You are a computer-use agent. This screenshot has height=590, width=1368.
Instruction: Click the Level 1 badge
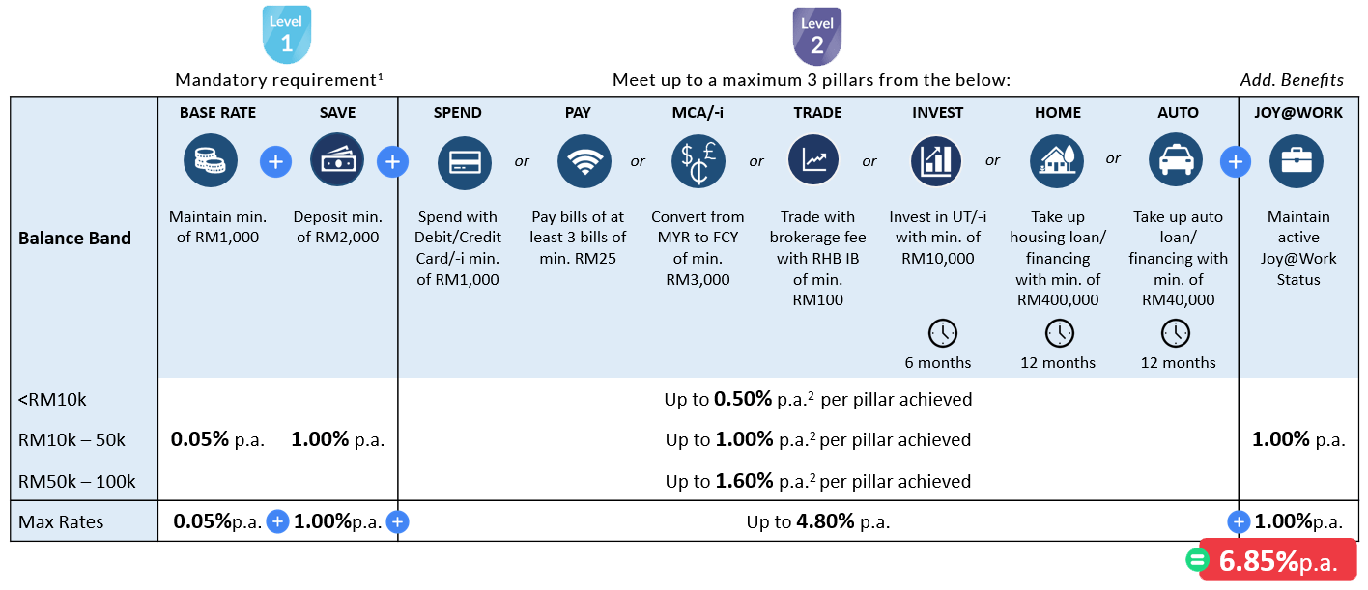click(x=286, y=36)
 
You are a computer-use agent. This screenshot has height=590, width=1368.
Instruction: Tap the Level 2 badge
click(x=817, y=37)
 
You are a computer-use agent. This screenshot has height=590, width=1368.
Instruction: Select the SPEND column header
click(x=457, y=113)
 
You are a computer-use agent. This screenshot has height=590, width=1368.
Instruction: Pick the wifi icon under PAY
click(x=584, y=162)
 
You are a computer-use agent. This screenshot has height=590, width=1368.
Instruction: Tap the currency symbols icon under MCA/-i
click(x=698, y=161)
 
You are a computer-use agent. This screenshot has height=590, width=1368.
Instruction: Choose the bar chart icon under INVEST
click(x=936, y=161)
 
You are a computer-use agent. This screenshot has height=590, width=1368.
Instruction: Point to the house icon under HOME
click(x=1056, y=161)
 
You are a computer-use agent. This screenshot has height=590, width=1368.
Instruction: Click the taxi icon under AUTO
click(x=1176, y=161)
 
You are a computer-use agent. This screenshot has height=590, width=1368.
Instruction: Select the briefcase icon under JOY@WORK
click(x=1296, y=161)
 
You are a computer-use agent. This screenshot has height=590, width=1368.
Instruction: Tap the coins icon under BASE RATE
click(x=211, y=161)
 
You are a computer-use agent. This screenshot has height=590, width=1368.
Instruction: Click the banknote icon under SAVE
click(x=337, y=161)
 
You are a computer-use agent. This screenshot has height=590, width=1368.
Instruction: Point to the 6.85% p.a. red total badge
click(x=1277, y=561)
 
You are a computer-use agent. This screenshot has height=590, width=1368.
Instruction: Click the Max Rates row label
click(x=61, y=522)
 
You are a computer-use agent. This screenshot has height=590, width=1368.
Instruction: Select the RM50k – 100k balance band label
click(x=77, y=481)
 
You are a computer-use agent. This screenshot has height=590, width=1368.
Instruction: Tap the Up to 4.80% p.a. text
click(x=817, y=522)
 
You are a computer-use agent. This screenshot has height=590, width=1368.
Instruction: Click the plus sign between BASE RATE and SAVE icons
click(x=275, y=162)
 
